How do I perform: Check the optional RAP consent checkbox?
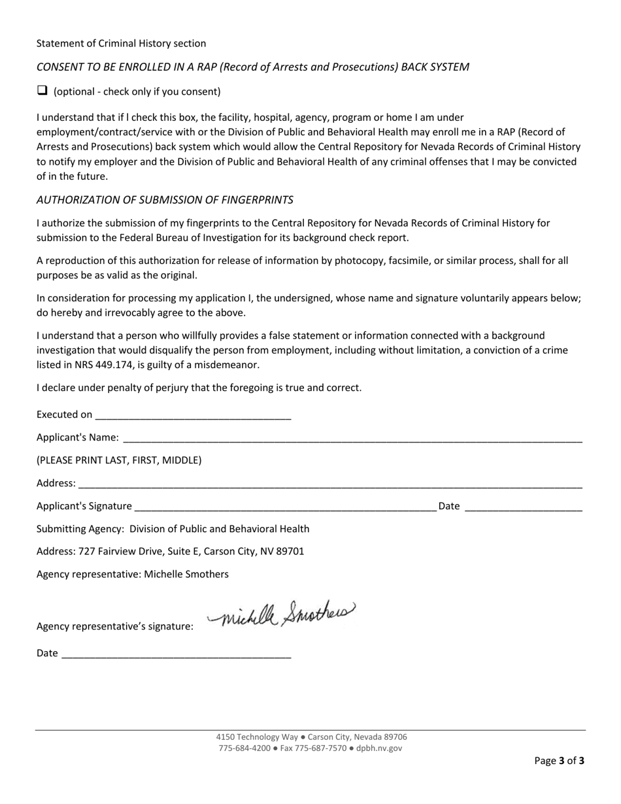tap(42, 91)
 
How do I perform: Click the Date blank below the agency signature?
tap(176, 654)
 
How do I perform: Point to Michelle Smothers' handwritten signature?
tap(281, 614)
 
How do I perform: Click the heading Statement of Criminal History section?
tap(121, 44)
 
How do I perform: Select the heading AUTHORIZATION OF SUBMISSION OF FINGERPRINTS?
tap(165, 200)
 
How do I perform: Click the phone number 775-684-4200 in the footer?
tap(244, 748)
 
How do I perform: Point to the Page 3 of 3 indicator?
tap(559, 760)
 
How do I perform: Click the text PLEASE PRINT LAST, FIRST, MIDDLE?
tap(119, 460)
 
